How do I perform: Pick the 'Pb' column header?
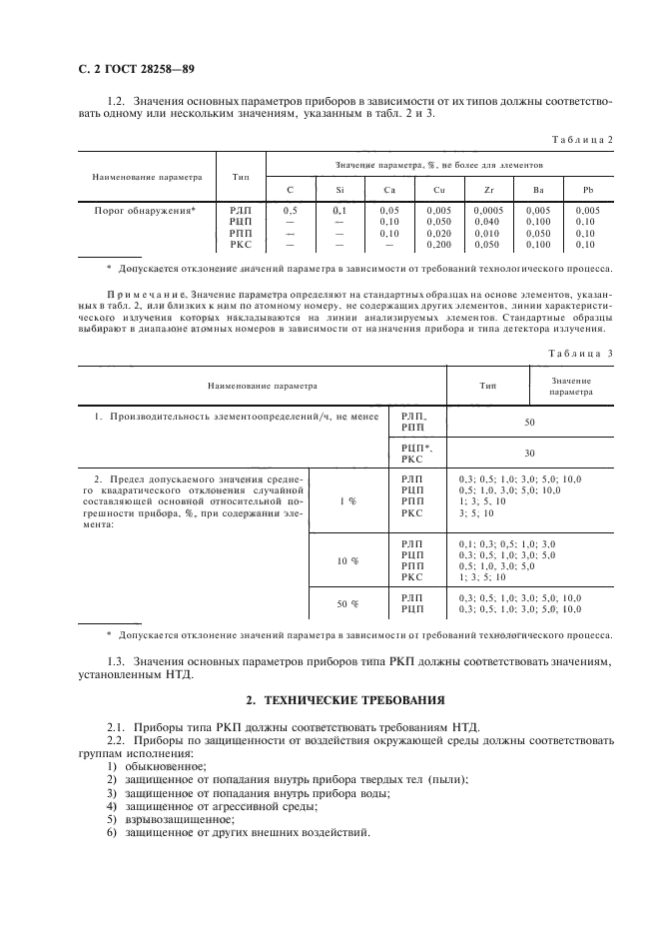pos(587,190)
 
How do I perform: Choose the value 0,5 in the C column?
pos(291,212)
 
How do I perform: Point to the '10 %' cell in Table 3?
pos(347,561)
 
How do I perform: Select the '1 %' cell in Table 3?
pos(347,500)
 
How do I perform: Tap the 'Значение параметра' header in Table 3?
pos(570,386)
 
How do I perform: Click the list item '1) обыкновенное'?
pos(151,765)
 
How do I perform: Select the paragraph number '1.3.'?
pos(119,661)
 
